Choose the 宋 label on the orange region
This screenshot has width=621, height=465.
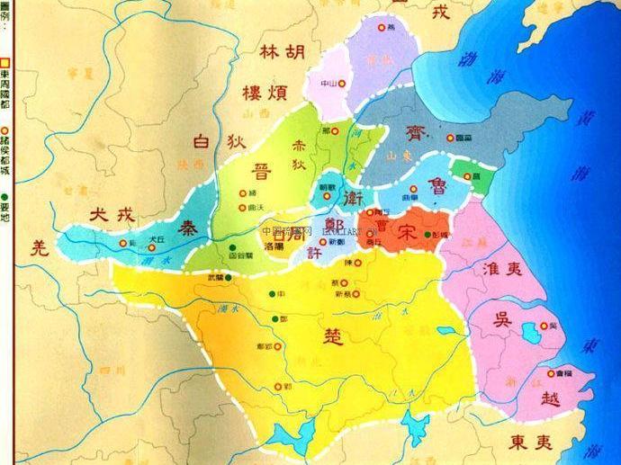[408, 229]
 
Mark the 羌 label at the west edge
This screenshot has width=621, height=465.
[37, 246]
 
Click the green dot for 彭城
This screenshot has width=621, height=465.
[427, 235]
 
